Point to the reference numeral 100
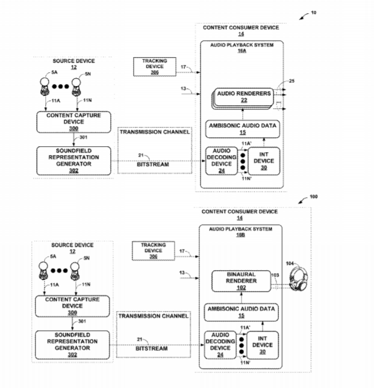[x=313, y=197]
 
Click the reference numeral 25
[x=291, y=80]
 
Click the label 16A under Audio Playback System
[x=242, y=51]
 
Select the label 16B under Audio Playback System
[x=241, y=235]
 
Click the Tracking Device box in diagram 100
[x=154, y=251]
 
